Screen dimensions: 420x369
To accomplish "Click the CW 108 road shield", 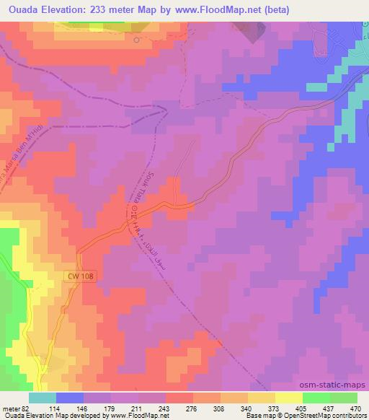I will [84, 276].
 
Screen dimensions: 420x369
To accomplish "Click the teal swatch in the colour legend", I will [43, 398].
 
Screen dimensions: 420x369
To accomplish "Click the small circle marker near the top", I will [136, 40].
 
